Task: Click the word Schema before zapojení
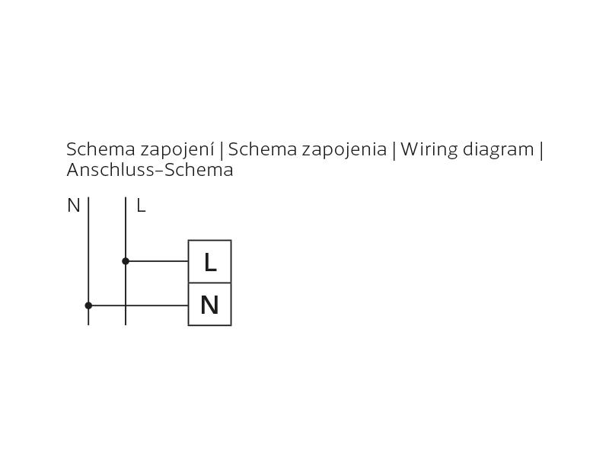pyautogui.click(x=101, y=149)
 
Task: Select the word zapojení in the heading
pyautogui.click(x=177, y=150)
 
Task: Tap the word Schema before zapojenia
pyautogui.click(x=263, y=149)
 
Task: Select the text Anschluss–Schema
pyautogui.click(x=150, y=170)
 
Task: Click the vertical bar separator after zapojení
pyautogui.click(x=222, y=150)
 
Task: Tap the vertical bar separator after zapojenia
pyautogui.click(x=394, y=150)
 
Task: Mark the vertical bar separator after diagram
pyautogui.click(x=541, y=150)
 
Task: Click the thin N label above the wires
pyautogui.click(x=73, y=205)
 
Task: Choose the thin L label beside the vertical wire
pyautogui.click(x=141, y=205)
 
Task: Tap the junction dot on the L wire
pyautogui.click(x=126, y=261)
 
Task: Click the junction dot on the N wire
pyautogui.click(x=88, y=305)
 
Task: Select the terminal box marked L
pyautogui.click(x=210, y=261)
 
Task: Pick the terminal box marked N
pyautogui.click(x=210, y=304)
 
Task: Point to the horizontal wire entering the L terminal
pyautogui.click(x=157, y=261)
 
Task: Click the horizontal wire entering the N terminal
pyautogui.click(x=139, y=305)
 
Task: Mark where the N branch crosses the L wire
pyautogui.click(x=126, y=305)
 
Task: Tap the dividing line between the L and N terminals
pyautogui.click(x=210, y=283)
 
